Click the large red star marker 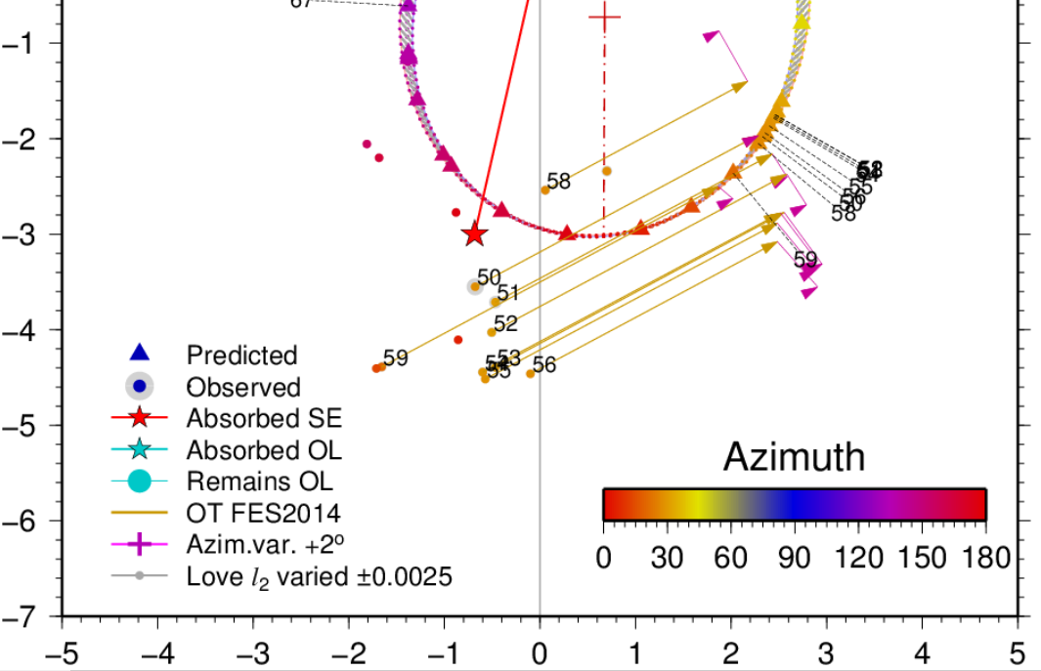[475, 234]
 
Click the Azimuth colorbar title [794, 456]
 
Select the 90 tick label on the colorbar [795, 559]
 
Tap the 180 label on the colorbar [985, 559]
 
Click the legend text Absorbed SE [264, 419]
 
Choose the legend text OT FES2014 [263, 512]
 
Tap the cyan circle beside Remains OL [139, 481]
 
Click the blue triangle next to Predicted [139, 354]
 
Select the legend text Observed [243, 387]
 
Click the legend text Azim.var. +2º [264, 544]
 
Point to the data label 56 [544, 365]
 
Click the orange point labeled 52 [492, 332]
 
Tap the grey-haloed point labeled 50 [475, 286]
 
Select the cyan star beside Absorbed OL [139, 449]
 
